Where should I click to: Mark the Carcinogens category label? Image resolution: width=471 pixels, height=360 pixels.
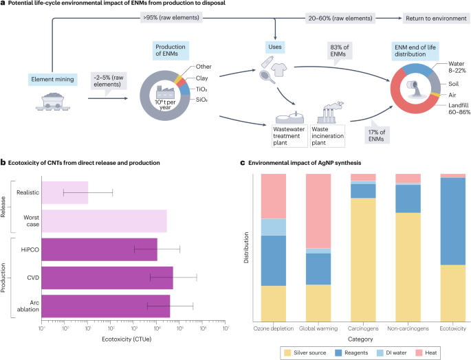[x=363, y=328]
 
